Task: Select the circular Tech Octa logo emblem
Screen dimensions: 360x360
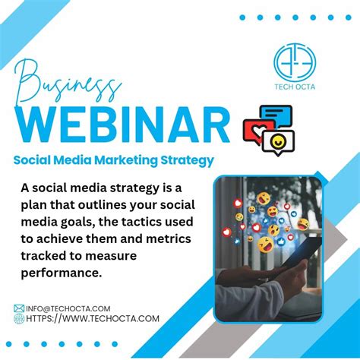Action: (297, 59)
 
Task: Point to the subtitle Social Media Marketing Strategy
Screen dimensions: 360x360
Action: (112, 160)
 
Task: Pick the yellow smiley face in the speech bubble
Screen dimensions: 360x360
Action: (280, 143)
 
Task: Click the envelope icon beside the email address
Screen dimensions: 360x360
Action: (19, 308)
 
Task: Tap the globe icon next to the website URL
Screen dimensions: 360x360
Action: (19, 319)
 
